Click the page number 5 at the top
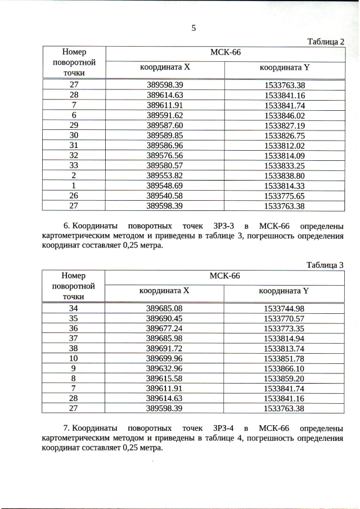(193, 29)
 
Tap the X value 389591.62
(165, 115)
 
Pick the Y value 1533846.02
(284, 115)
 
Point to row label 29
(74, 125)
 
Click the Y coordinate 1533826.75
(284, 135)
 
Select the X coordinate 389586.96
(165, 145)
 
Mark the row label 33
(74, 165)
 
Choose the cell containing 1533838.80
(284, 175)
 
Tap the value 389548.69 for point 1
(165, 186)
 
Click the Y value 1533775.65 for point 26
(284, 196)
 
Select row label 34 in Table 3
(74, 308)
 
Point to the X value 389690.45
(165, 318)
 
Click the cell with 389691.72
(165, 349)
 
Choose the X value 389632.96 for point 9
(165, 369)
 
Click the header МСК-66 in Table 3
(224, 276)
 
